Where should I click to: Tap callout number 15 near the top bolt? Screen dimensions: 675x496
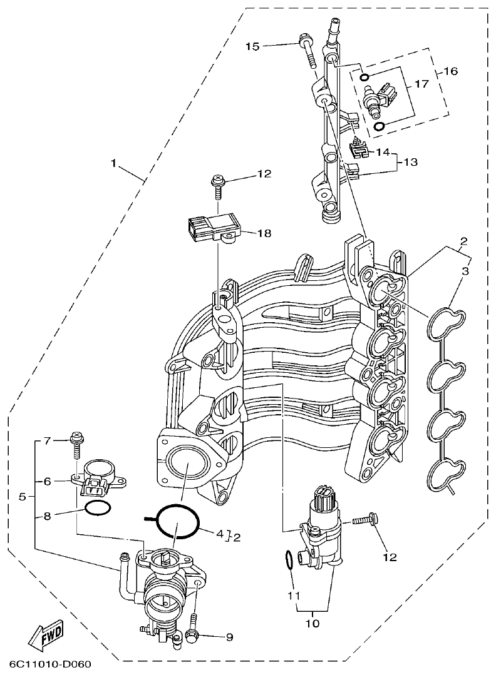pyautogui.click(x=252, y=46)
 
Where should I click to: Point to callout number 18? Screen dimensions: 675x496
pyautogui.click(x=264, y=233)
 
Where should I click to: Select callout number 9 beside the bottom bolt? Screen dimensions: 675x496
pyautogui.click(x=229, y=637)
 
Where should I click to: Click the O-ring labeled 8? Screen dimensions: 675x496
pyautogui.click(x=98, y=509)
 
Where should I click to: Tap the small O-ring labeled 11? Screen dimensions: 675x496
pyautogui.click(x=288, y=561)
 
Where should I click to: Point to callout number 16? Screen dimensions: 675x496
pyautogui.click(x=450, y=71)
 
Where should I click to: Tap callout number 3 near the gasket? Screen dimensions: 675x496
pyautogui.click(x=465, y=271)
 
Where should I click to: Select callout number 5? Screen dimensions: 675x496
pyautogui.click(x=23, y=497)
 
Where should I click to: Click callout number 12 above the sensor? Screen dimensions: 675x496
pyautogui.click(x=264, y=175)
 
